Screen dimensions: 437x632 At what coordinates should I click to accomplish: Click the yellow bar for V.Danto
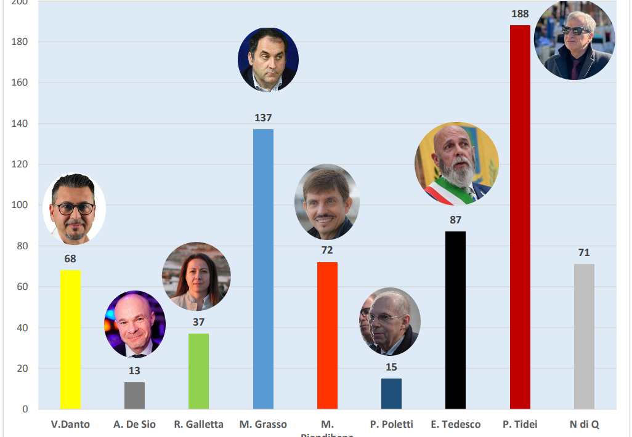(x=70, y=340)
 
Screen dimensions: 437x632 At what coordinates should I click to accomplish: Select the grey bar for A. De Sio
(x=134, y=395)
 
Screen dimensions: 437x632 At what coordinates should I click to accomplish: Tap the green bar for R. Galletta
(x=198, y=371)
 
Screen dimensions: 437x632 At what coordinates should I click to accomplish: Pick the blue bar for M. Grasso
(x=263, y=269)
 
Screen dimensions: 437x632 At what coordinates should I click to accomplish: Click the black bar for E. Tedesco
(x=455, y=320)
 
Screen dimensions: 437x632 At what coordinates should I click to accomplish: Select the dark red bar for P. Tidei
(x=520, y=217)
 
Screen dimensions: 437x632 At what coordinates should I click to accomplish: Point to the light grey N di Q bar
(x=584, y=336)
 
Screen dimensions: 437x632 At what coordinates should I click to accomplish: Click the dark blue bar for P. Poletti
(x=391, y=393)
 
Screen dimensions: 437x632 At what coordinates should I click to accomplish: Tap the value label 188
(x=520, y=14)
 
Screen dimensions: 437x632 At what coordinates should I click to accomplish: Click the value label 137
(x=263, y=118)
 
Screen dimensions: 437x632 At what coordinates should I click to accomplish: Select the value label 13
(x=134, y=371)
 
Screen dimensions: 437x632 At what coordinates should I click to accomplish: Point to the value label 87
(x=455, y=220)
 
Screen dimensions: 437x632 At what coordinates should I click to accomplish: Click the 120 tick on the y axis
(x=19, y=164)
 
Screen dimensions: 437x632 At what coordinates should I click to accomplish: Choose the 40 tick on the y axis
(x=22, y=327)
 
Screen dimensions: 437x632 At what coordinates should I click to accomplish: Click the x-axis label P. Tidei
(x=520, y=424)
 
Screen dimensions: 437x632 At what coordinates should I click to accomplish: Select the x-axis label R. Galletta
(x=198, y=424)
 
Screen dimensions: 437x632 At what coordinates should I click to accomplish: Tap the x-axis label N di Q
(x=584, y=424)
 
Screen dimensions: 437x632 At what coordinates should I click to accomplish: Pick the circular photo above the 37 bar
(x=196, y=276)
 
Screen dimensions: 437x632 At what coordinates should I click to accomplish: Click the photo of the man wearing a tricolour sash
(x=456, y=163)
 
